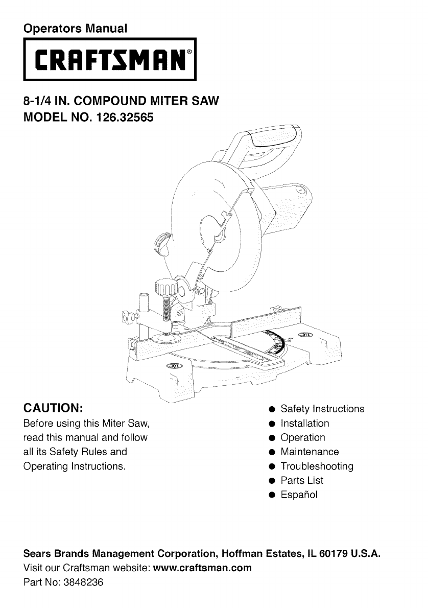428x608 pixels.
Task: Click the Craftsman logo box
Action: click(x=110, y=60)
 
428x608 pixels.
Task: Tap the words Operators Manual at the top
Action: click(x=75, y=27)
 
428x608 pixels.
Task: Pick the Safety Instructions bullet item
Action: click(x=322, y=409)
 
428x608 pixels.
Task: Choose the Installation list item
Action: click(x=305, y=423)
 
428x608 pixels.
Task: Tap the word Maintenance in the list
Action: click(x=310, y=452)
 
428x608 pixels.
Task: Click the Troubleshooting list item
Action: click(x=317, y=466)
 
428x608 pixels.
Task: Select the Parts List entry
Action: click(x=302, y=480)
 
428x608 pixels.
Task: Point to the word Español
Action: click(x=299, y=495)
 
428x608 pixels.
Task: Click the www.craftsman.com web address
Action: click(x=203, y=568)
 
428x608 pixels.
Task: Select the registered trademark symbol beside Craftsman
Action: click(x=189, y=52)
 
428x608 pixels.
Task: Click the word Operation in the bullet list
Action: click(x=303, y=437)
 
